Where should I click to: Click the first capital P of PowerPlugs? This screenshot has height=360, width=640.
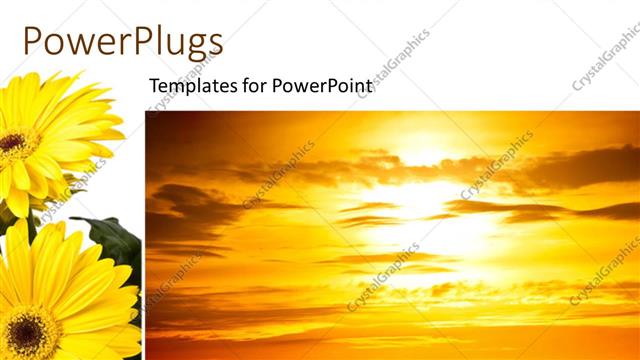pyautogui.click(x=32, y=41)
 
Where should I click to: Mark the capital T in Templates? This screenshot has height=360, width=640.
pyautogui.click(x=154, y=86)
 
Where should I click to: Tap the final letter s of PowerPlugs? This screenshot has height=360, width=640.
pyautogui.click(x=214, y=43)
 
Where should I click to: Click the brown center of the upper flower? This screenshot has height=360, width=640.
pyautogui.click(x=12, y=143)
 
